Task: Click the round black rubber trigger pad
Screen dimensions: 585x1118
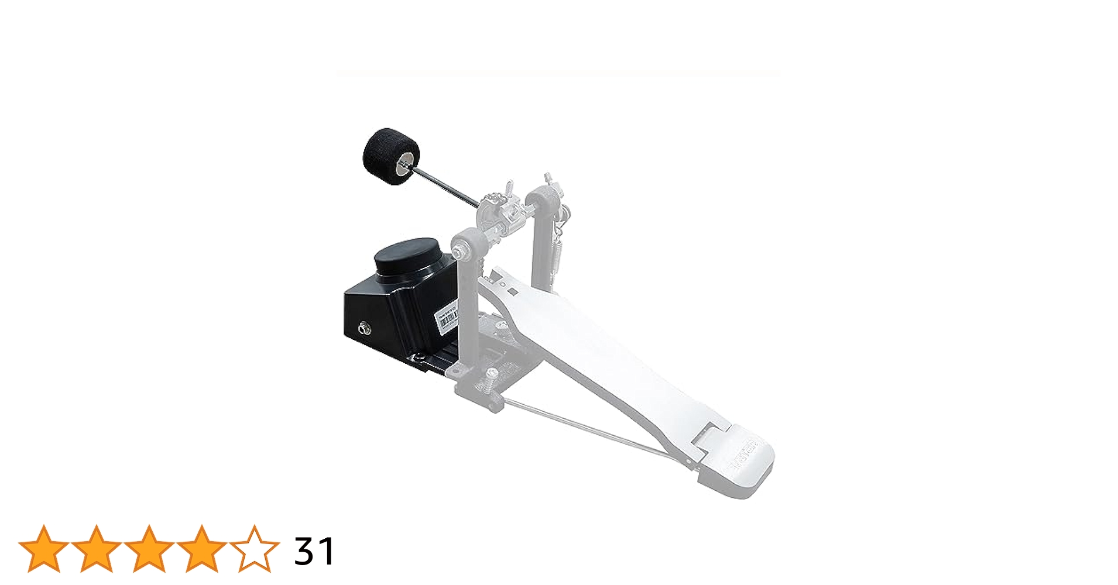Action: coord(407,256)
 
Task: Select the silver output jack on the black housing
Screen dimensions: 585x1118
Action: coord(365,329)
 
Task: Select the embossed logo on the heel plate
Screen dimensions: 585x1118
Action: coord(743,456)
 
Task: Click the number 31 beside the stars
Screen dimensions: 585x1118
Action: coord(314,551)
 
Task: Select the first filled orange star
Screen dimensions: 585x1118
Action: coord(44,549)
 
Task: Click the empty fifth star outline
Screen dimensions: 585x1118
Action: coord(255,549)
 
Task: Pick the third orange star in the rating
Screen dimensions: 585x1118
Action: coord(149,549)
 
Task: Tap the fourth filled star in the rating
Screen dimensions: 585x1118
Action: coord(202,549)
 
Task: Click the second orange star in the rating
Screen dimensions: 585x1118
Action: coord(97,549)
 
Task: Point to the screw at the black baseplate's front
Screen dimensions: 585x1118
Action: coord(418,357)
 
